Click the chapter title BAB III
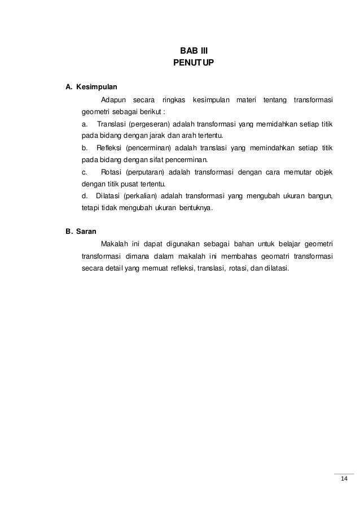coord(194,50)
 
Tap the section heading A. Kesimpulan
coord(91,88)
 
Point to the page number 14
coord(344,480)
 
